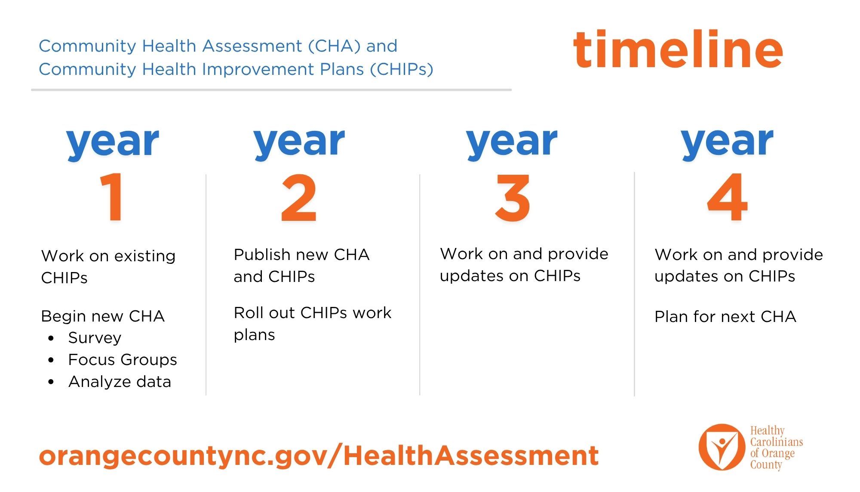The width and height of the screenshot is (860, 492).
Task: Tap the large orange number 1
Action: pyautogui.click(x=113, y=197)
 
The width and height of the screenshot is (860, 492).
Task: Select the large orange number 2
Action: pyautogui.click(x=299, y=198)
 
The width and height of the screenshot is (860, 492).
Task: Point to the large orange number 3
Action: pyautogui.click(x=512, y=198)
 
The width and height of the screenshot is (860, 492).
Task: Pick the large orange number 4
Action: pyautogui.click(x=727, y=197)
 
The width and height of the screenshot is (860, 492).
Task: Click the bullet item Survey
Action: pyautogui.click(x=95, y=338)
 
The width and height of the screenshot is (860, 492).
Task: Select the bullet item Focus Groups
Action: pyautogui.click(x=122, y=360)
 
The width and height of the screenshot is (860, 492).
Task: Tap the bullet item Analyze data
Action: pyautogui.click(x=120, y=382)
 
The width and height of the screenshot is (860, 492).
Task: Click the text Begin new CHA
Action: pyautogui.click(x=103, y=316)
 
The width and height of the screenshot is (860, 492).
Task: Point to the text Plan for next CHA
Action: pyautogui.click(x=725, y=317)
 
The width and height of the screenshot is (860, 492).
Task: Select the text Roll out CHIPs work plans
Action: pyautogui.click(x=312, y=323)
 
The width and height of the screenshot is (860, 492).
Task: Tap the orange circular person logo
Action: pyautogui.click(x=722, y=447)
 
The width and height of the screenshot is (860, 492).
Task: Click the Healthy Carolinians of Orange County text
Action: pyautogui.click(x=776, y=448)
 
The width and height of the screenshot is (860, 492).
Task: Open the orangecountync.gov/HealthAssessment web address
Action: pyautogui.click(x=319, y=456)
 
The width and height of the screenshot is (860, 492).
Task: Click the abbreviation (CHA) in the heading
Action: pyautogui.click(x=335, y=46)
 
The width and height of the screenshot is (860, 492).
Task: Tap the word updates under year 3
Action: pyautogui.click(x=471, y=276)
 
